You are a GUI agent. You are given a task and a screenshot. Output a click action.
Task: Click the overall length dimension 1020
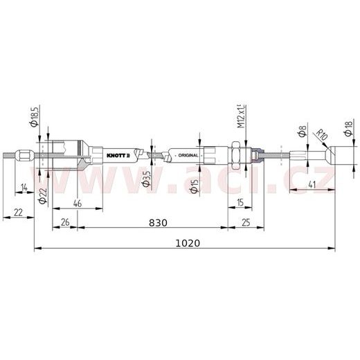(x=188, y=243)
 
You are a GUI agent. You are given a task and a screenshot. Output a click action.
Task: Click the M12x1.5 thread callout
(x=240, y=116)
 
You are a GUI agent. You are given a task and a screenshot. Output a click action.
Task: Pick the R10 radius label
(x=321, y=135)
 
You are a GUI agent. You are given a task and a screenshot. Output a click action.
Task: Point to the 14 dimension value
(x=24, y=187)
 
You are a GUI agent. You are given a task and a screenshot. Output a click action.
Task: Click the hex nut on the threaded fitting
(x=235, y=155)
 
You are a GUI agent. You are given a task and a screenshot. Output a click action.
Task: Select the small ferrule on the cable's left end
(x=22, y=155)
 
